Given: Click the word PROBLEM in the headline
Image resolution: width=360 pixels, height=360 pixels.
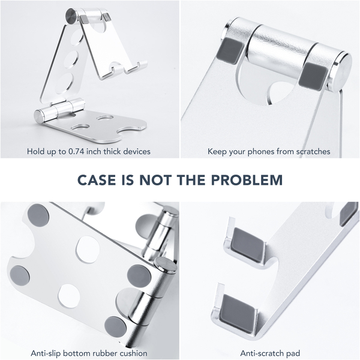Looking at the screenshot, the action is pos(247,180).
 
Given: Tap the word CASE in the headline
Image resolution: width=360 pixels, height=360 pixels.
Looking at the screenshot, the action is pos(97,180).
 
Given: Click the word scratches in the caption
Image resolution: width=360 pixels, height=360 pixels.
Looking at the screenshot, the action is pos(313,152).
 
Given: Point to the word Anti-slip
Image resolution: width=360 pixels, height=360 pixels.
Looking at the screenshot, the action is pos(46,353).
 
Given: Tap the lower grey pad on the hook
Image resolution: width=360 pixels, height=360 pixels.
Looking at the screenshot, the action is pos(238,313).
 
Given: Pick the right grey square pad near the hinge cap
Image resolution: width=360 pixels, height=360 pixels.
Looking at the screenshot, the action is pos(313,76).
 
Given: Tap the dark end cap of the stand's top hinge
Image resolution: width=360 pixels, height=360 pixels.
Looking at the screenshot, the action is pos(71,16).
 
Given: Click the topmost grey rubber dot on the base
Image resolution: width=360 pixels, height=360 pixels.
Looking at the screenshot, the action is pos(38,215).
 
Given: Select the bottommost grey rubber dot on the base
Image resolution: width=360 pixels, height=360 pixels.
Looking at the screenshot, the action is pos(115,327).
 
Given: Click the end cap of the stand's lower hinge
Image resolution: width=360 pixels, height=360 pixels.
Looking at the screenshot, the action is pos(38,116).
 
